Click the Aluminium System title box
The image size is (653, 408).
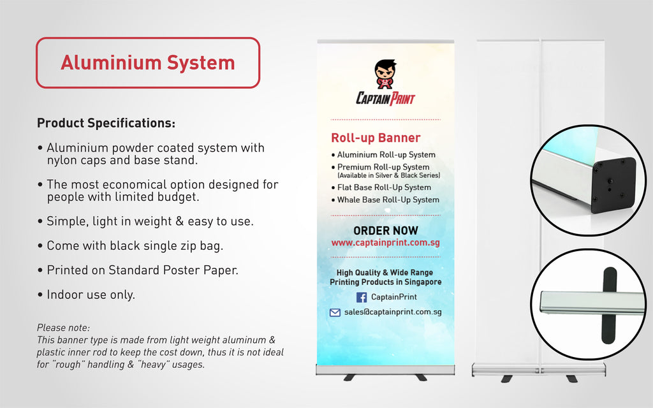click(x=148, y=63)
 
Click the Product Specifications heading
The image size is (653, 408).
click(x=106, y=123)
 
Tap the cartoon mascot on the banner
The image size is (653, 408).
click(x=385, y=75)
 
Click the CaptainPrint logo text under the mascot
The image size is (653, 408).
click(x=386, y=99)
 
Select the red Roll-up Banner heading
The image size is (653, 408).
click(x=376, y=138)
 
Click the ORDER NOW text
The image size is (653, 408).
click(x=386, y=231)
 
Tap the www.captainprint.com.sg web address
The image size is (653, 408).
click(x=386, y=242)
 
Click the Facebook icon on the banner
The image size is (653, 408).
click(x=362, y=297)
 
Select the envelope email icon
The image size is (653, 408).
click(x=335, y=312)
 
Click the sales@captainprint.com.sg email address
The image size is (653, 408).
click(x=393, y=312)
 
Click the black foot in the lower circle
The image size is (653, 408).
click(x=609, y=305)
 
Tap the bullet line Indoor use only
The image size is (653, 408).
click(x=86, y=295)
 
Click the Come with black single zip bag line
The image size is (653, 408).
click(x=130, y=245)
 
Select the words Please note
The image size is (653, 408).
click(x=63, y=328)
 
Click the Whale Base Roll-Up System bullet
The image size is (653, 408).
click(x=385, y=200)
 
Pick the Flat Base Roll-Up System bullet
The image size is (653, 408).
click(x=381, y=187)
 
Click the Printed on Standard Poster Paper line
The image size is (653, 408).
click(x=138, y=270)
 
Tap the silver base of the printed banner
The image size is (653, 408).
click(x=385, y=370)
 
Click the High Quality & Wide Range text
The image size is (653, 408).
click(x=385, y=273)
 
